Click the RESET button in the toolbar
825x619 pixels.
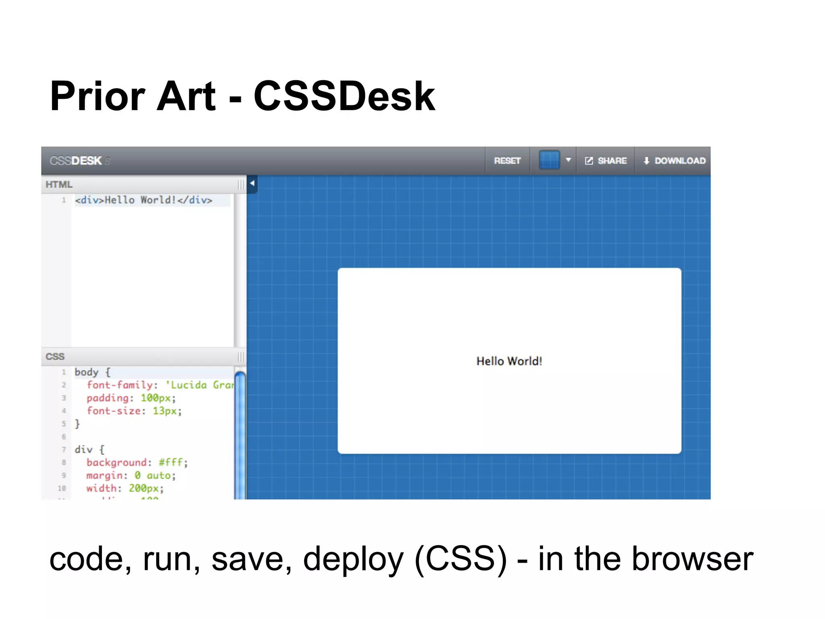point(507,161)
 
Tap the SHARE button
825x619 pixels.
point(606,161)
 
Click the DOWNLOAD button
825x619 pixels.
point(674,161)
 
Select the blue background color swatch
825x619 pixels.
point(549,160)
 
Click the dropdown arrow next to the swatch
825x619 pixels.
point(568,160)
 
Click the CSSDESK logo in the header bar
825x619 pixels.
point(76,161)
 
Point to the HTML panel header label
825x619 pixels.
point(59,185)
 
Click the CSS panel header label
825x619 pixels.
point(55,357)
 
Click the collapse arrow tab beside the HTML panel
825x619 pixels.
point(252,184)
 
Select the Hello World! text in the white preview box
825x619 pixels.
point(509,361)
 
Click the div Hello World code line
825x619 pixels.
point(143,200)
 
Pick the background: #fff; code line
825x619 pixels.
point(137,463)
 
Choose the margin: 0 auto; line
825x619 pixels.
point(131,476)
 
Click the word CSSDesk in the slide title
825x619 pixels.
point(344,97)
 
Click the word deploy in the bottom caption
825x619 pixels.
point(353,560)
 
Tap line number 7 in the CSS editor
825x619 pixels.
point(64,449)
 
